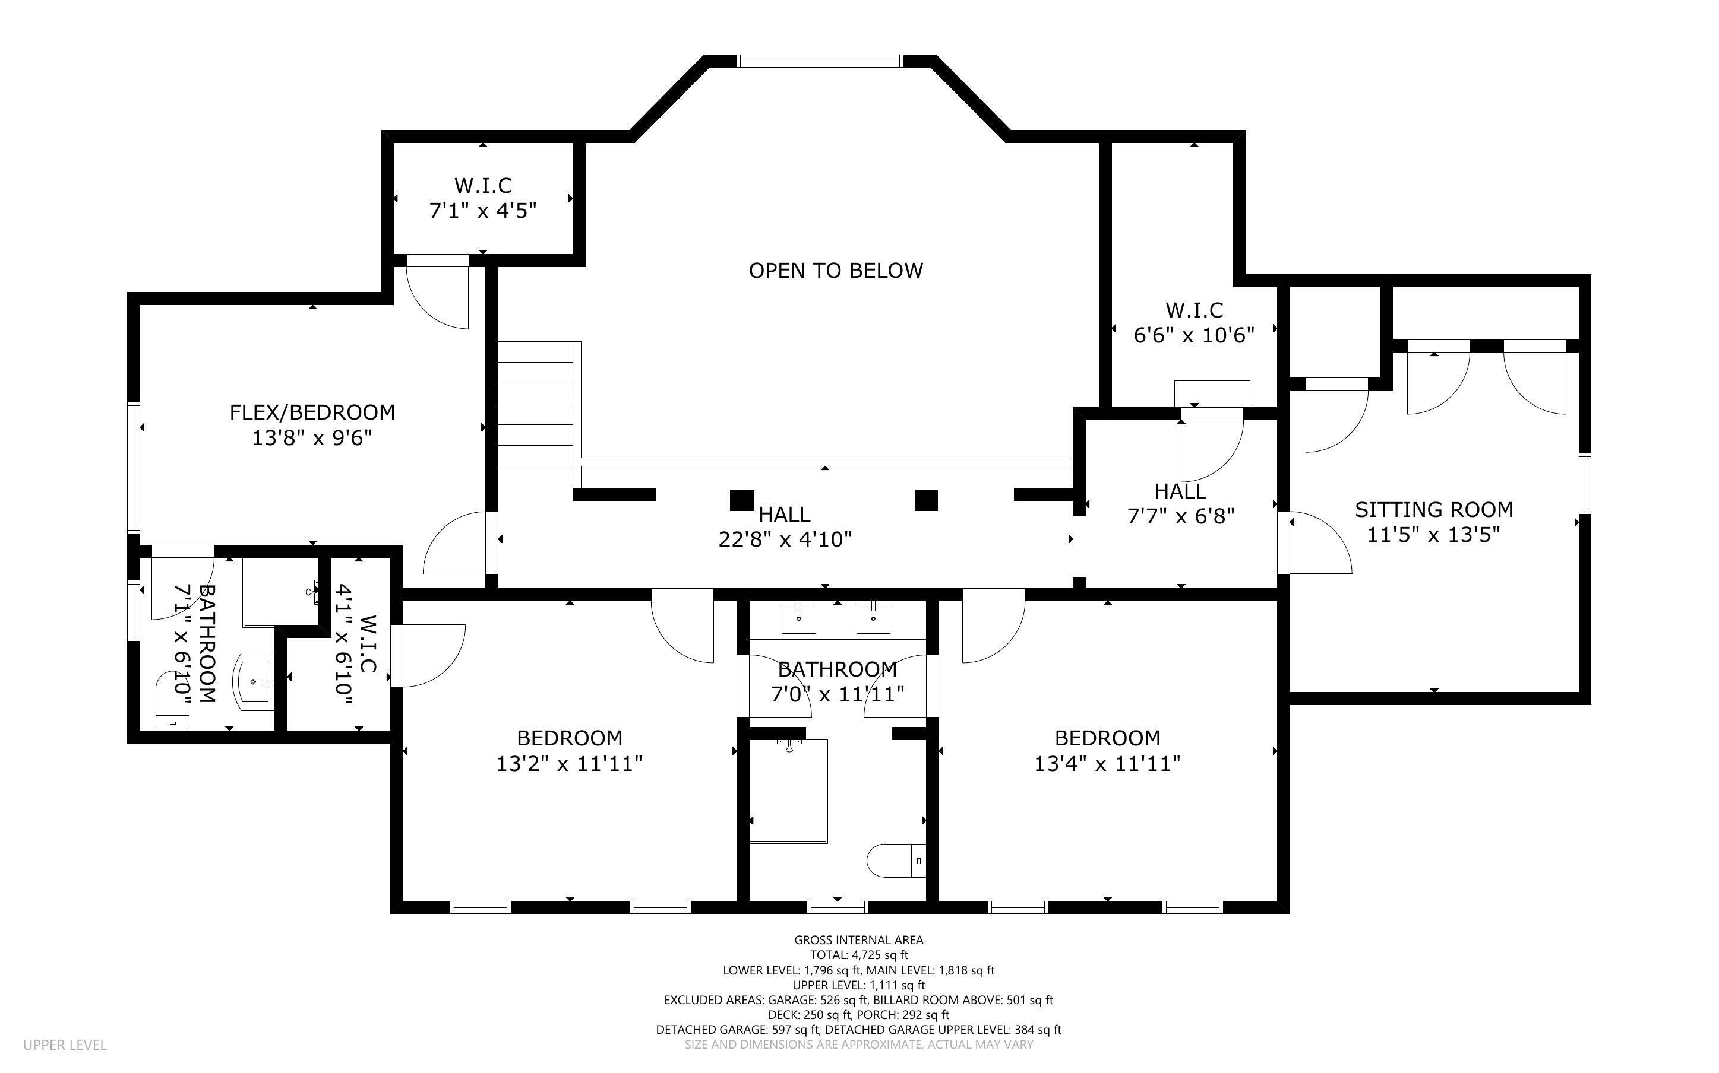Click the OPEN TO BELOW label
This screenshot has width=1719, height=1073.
pos(836,271)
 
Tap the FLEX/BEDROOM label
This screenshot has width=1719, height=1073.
pos(312,412)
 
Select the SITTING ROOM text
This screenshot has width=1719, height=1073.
pos(1433,510)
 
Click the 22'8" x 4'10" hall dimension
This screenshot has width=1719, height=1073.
pos(785,540)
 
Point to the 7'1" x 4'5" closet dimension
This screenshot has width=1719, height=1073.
pos(483,211)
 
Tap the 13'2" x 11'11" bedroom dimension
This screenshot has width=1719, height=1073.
pos(570,764)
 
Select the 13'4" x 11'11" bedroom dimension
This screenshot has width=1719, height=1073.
pos(1107,764)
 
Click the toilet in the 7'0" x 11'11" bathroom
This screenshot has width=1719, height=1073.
pos(897,861)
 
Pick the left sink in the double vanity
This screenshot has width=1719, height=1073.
pos(800,617)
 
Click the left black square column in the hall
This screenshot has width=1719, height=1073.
pos(741,500)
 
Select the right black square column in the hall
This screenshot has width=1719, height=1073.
pos(926,500)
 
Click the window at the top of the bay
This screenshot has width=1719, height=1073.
pos(820,61)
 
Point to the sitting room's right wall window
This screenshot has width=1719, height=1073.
pos(1584,482)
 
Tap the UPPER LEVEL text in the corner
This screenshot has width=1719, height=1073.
pos(65,1045)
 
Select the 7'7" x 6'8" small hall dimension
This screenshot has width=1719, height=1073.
pos(1181,516)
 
